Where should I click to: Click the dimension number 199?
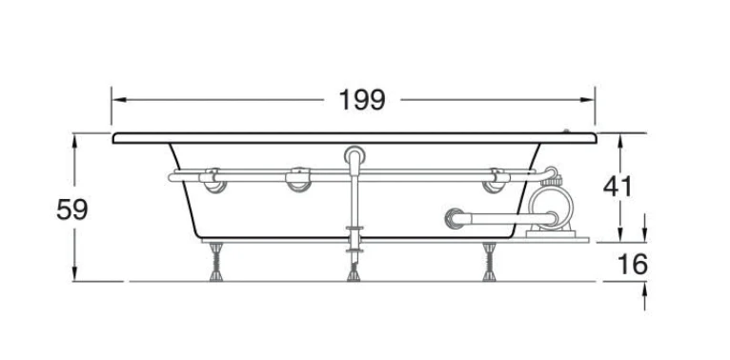pos(362,100)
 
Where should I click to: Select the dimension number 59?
pos(72,209)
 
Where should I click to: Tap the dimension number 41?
pos(618,187)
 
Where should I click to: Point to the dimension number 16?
pos(633,264)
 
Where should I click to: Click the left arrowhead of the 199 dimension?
pos(120,100)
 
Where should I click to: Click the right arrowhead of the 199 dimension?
pos(587,100)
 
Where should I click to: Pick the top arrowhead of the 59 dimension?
pos(74,141)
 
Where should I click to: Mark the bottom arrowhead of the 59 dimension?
pos(74,273)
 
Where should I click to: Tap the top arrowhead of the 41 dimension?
pos(619,141)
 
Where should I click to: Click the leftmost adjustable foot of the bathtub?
pos(216,262)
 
